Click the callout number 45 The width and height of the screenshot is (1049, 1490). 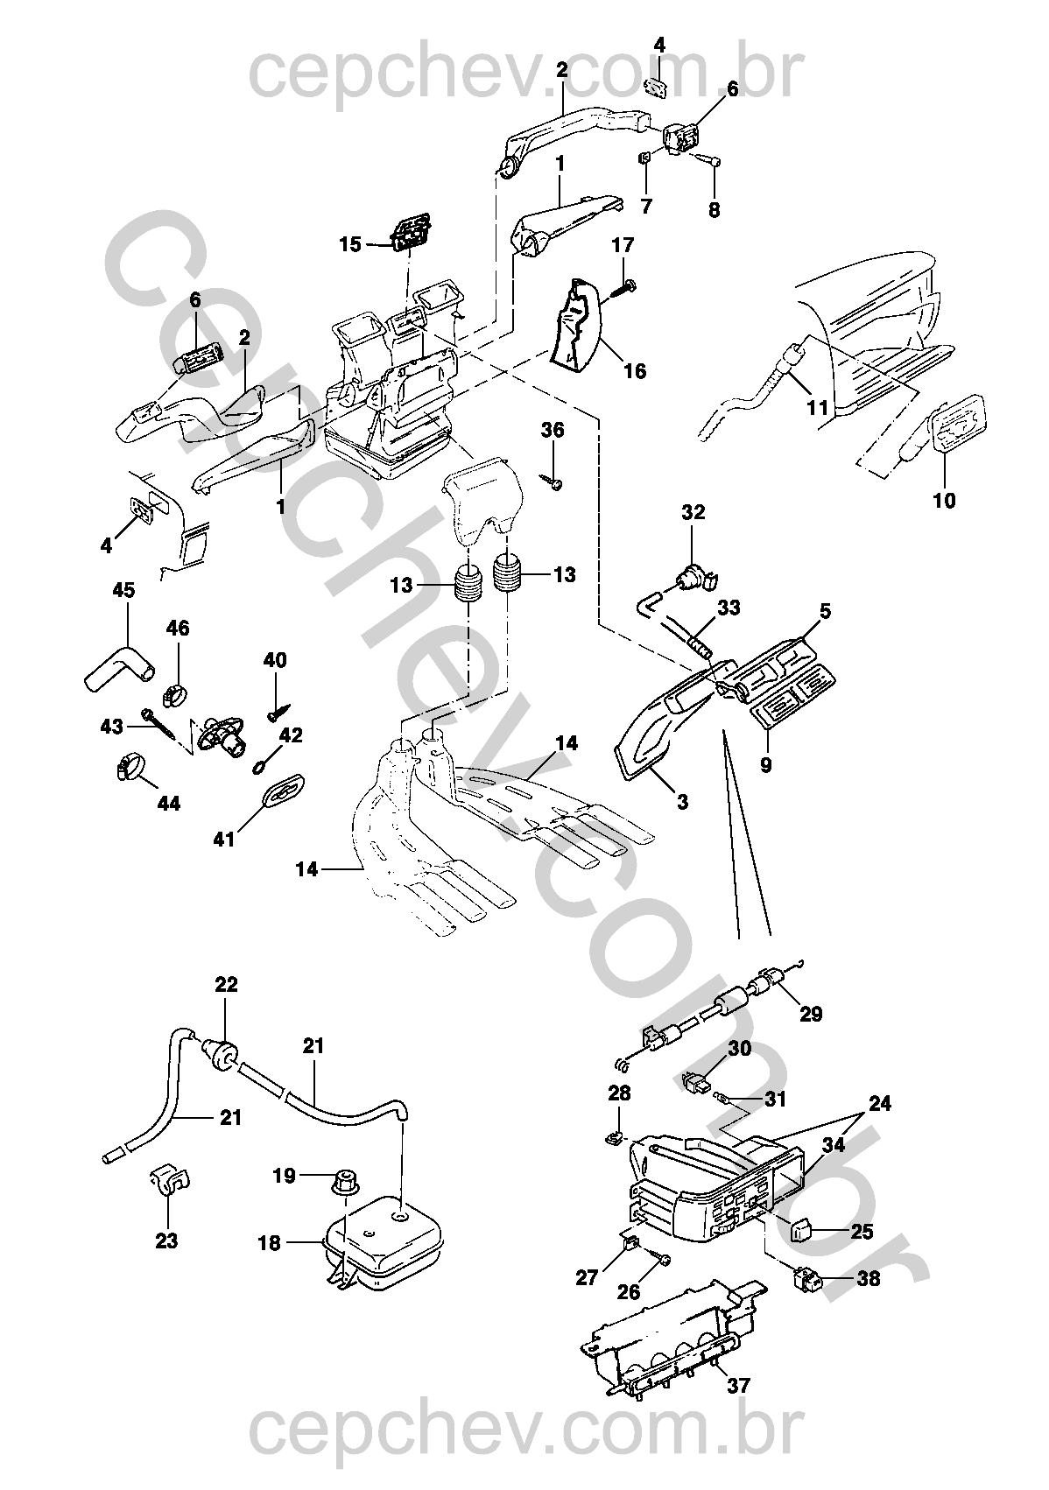pyautogui.click(x=123, y=590)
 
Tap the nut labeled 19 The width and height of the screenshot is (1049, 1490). pyautogui.click(x=346, y=1181)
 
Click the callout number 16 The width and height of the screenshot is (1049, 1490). pyautogui.click(x=635, y=370)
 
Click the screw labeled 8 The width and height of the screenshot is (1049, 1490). pyautogui.click(x=711, y=159)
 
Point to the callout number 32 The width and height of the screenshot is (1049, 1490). pyautogui.click(x=693, y=513)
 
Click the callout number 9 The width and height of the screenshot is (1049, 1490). pyautogui.click(x=765, y=765)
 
